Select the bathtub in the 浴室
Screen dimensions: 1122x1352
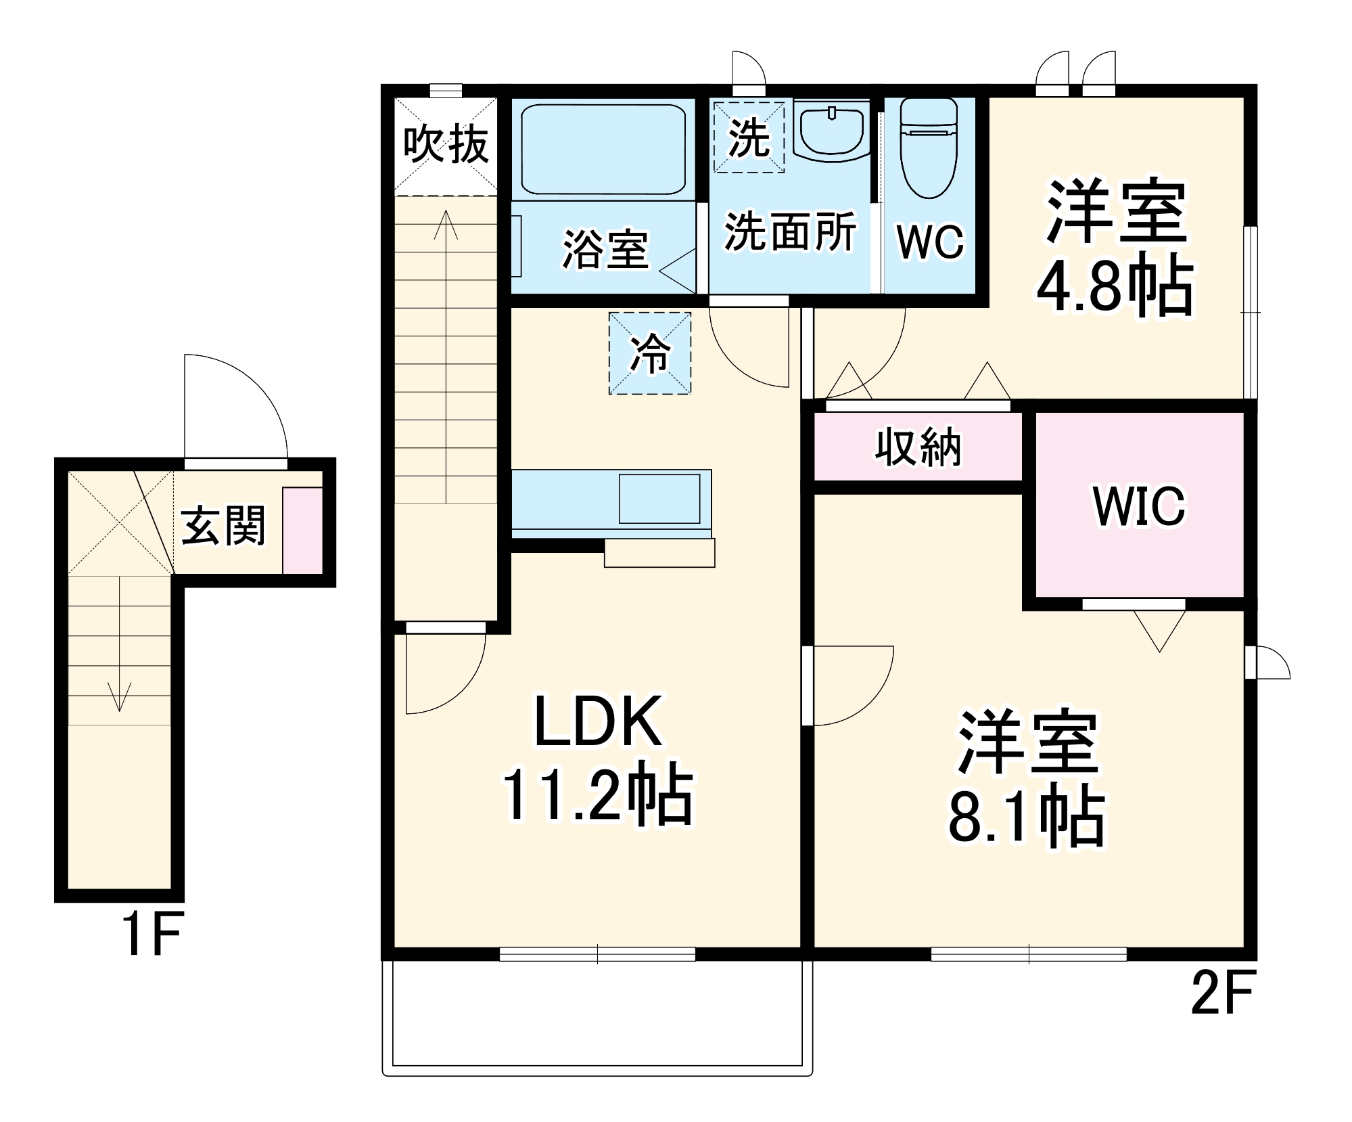(603, 149)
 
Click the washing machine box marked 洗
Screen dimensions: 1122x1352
(749, 137)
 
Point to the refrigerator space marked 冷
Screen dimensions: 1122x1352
(650, 353)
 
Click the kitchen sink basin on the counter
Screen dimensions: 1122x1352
(659, 499)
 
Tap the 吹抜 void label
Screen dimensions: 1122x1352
(446, 144)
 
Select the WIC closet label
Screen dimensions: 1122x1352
(1139, 506)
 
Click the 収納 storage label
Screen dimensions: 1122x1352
(918, 447)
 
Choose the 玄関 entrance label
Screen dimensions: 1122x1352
(223, 525)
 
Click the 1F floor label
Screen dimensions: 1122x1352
(151, 935)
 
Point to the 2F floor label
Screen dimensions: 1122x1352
(1222, 993)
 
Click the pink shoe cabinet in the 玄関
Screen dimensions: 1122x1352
(302, 530)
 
